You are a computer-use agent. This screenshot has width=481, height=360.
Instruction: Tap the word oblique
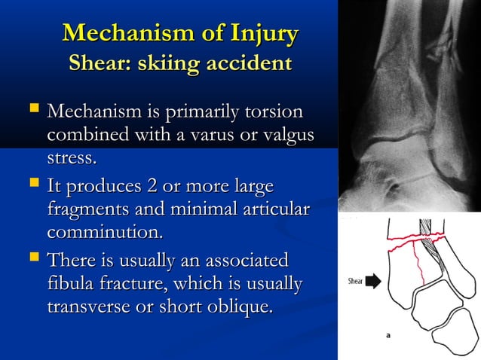coord(241,307)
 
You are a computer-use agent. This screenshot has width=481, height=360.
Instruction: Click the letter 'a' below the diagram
coord(388,336)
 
